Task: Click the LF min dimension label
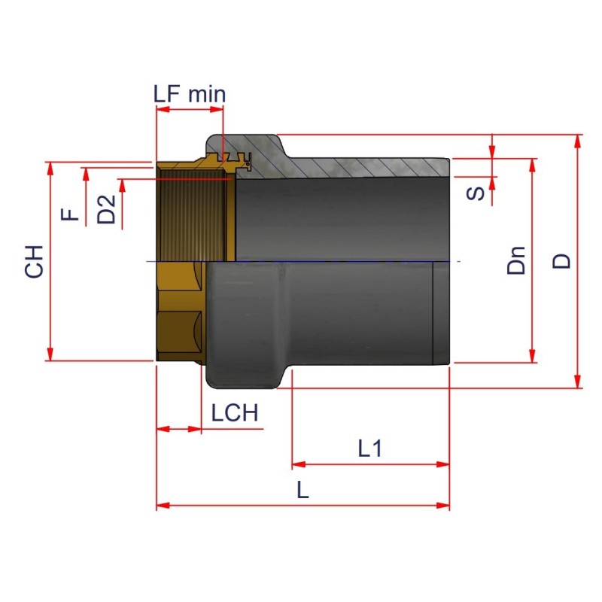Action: (x=189, y=94)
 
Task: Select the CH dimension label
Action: (x=35, y=260)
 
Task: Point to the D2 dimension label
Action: (x=108, y=209)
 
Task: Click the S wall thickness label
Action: (x=476, y=193)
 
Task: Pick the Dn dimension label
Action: (x=516, y=260)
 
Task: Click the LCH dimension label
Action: (x=234, y=413)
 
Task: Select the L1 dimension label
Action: (x=370, y=449)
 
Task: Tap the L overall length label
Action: (x=303, y=491)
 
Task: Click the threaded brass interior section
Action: (x=192, y=218)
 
